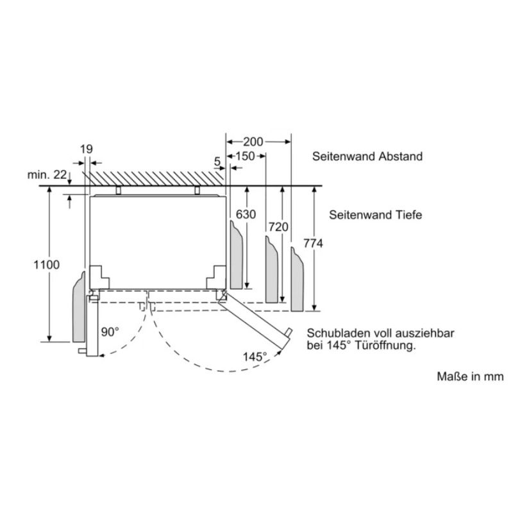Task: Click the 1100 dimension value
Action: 47,265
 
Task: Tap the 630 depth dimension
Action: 246,214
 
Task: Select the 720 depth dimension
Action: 278,227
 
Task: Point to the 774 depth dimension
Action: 313,244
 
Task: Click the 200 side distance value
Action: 253,142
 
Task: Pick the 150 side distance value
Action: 245,156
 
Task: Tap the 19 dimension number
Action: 87,149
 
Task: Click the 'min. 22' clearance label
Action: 47,174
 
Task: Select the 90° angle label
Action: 110,332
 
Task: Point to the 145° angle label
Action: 255,357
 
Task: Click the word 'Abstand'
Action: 400,156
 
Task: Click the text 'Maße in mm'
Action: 471,376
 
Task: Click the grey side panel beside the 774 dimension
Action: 297,281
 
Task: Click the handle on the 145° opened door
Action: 288,332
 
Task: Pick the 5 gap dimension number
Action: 217,162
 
